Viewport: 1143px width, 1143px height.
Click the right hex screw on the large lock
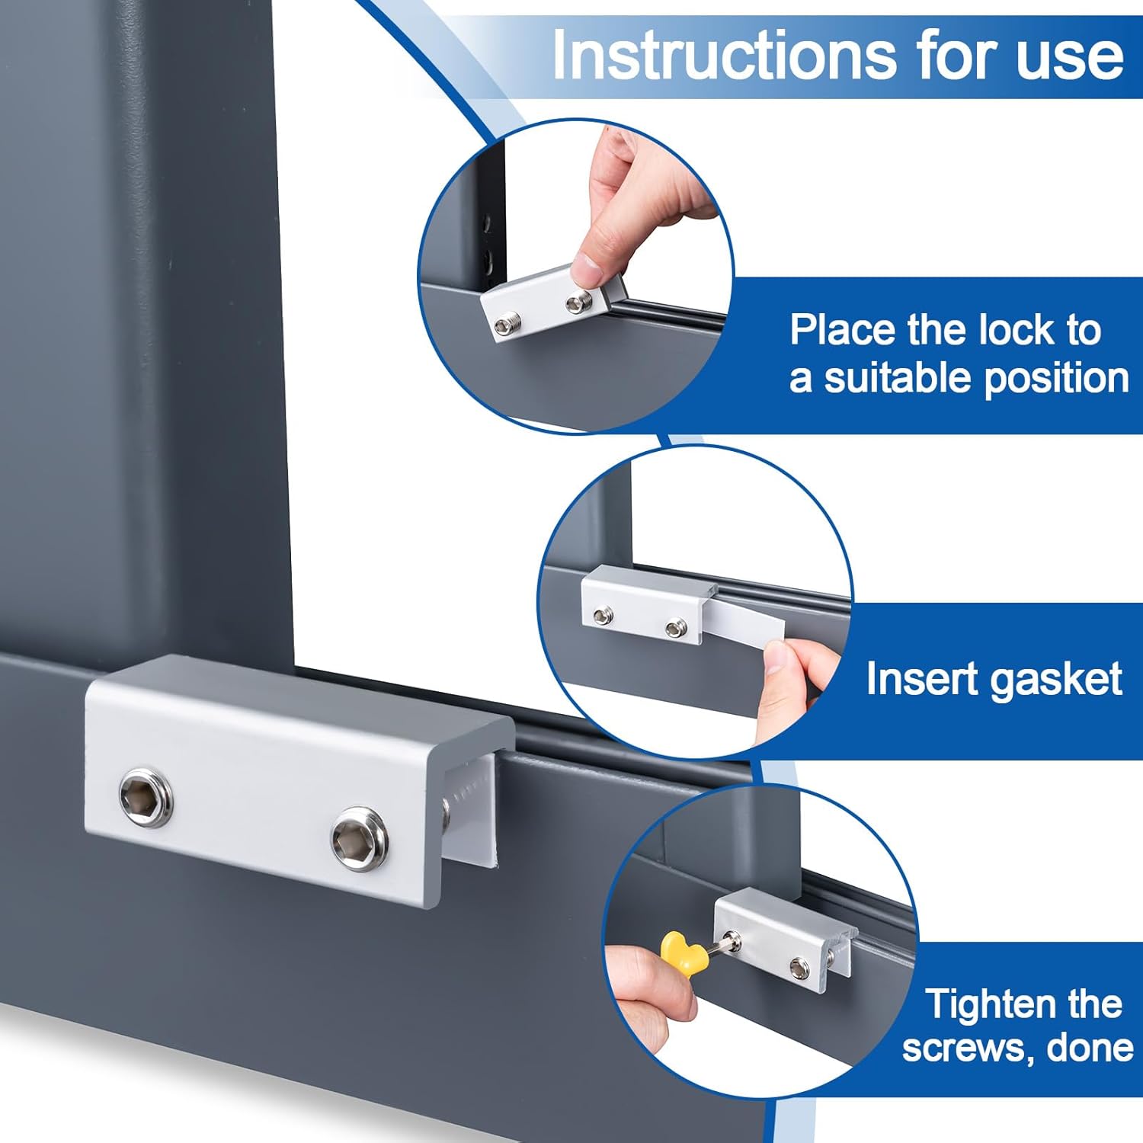click(359, 837)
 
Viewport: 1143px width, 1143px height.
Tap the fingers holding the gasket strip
click(789, 678)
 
